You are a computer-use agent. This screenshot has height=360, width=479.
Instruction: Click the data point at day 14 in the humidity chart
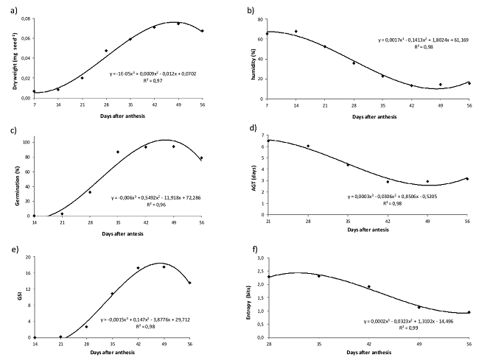pyautogui.click(x=296, y=32)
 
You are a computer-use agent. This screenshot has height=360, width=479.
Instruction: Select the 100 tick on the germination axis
pyautogui.click(x=28, y=141)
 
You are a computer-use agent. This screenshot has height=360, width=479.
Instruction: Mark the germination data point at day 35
pyautogui.click(x=118, y=152)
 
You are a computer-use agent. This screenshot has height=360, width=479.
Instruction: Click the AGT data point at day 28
pyautogui.click(x=308, y=146)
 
